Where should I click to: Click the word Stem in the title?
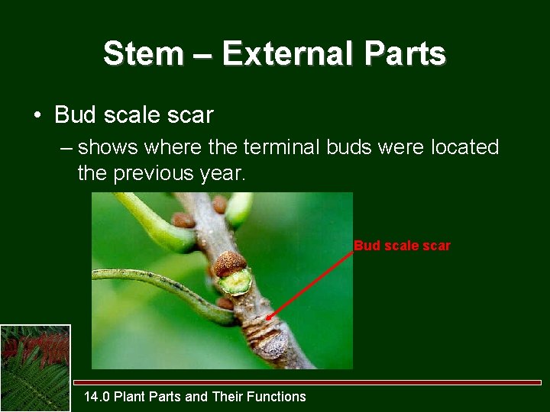144,54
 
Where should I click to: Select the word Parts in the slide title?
405,54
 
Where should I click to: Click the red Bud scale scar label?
402,246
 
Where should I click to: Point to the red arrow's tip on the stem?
269,318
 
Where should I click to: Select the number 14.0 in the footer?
97,396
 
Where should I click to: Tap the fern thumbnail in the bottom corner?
35,368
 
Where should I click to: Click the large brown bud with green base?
232,272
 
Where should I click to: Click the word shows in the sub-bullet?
107,146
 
